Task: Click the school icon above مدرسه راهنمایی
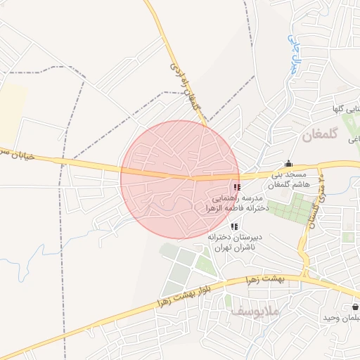coord(236,188)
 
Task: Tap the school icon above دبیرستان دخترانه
coord(235,226)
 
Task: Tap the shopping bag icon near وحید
coord(354,307)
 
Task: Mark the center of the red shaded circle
coord(180,180)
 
